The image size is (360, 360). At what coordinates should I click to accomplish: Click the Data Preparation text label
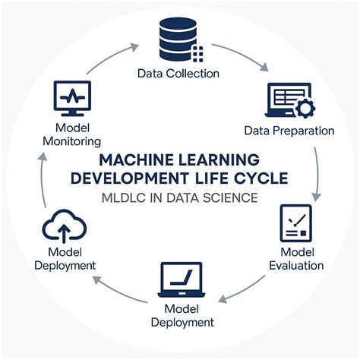tap(289, 131)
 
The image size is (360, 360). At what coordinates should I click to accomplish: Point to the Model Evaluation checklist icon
tap(295, 223)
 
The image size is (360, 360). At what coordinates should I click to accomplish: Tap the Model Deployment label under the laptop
tap(182, 316)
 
